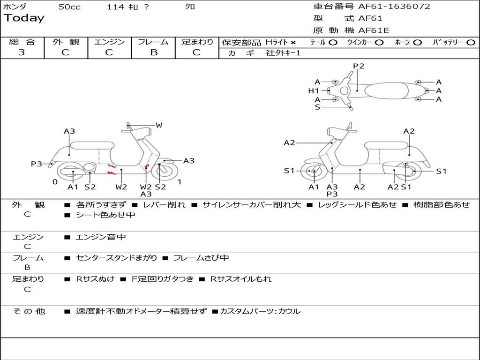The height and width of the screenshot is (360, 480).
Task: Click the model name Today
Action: coord(24,18)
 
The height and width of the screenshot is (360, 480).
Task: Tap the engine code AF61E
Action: coord(374,30)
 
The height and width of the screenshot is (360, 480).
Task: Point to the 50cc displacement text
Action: coord(69,7)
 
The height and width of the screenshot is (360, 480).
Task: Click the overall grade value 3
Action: coord(22,52)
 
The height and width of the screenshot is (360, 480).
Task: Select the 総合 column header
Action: coord(22,42)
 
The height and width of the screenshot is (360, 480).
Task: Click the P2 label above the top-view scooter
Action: coord(359,66)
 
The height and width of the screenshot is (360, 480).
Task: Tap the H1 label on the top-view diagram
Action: coord(313,91)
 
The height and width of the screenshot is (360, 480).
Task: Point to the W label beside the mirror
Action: coord(159,125)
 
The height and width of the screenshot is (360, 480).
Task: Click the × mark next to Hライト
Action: coord(293,43)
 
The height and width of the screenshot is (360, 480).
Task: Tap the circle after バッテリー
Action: coord(471,43)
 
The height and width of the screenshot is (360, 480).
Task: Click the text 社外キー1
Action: coord(283,53)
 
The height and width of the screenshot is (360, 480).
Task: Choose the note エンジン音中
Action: coord(101,237)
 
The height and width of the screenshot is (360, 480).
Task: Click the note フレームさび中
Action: coord(201,258)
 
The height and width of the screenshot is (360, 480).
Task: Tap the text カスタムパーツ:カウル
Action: coord(260,311)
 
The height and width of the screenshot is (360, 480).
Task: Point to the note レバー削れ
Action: coord(164,205)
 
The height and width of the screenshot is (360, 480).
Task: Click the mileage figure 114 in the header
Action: coord(115,7)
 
